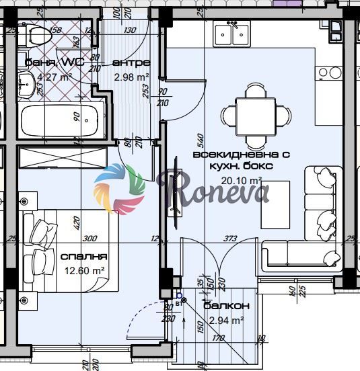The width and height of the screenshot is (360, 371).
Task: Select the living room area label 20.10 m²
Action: click(x=241, y=180)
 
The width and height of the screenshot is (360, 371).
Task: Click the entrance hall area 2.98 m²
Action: click(x=131, y=77)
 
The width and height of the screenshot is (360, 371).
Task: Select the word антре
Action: click(x=131, y=63)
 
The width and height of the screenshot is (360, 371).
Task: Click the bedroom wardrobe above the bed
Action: click(x=62, y=157)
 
